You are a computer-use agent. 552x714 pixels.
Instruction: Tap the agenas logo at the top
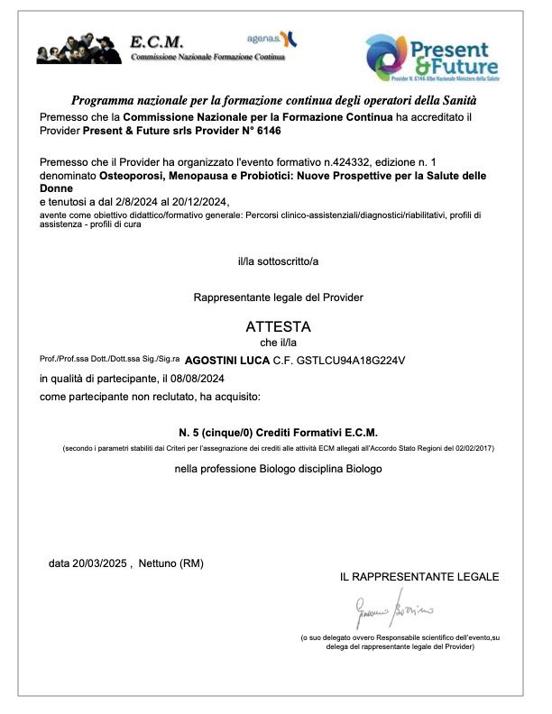[x=271, y=38]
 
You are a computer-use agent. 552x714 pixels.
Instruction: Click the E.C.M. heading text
[x=157, y=41]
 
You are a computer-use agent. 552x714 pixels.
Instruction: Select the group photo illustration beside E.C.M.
[x=78, y=48]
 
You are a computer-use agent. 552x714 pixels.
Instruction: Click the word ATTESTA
[x=278, y=325]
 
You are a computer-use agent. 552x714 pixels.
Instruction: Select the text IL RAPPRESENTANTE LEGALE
[x=419, y=577]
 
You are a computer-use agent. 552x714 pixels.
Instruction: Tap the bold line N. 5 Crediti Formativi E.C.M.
[x=278, y=432]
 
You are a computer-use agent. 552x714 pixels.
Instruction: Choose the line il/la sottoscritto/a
[x=278, y=261]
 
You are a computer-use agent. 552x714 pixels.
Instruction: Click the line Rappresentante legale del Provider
[x=278, y=297]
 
